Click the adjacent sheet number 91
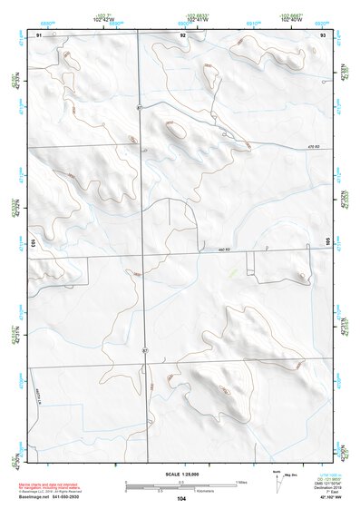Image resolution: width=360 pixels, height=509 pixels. pyautogui.click(x=39, y=34)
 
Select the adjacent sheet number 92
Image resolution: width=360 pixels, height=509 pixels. pyautogui.click(x=183, y=34)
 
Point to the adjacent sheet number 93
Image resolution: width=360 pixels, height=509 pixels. pyautogui.click(x=323, y=34)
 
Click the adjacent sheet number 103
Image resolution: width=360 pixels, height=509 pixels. pyautogui.click(x=32, y=244)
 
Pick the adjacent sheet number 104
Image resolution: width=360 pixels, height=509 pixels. pyautogui.click(x=181, y=499)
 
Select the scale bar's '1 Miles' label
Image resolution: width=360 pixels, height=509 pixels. pyautogui.click(x=241, y=482)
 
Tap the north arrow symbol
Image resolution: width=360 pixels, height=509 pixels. pyautogui.click(x=276, y=478)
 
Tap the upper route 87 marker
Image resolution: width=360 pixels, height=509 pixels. pyautogui.click(x=140, y=107)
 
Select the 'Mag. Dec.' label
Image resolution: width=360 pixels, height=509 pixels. pyautogui.click(x=287, y=475)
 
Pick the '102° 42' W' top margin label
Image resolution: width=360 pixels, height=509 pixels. pyautogui.click(x=107, y=18)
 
